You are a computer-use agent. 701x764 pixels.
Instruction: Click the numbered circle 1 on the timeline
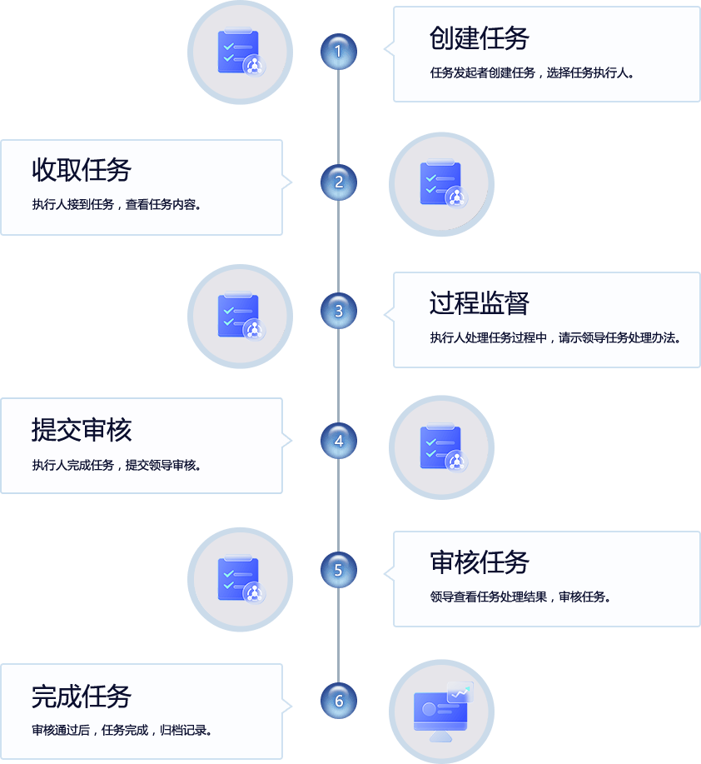(x=338, y=52)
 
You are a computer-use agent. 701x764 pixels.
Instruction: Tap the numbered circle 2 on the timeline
(x=338, y=182)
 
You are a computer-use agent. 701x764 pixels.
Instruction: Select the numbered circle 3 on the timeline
(x=338, y=312)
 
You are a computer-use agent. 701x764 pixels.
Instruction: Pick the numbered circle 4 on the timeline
(x=338, y=441)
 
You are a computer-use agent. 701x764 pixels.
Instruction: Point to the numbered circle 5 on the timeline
(x=338, y=570)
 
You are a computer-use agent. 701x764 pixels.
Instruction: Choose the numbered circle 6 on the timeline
(x=338, y=700)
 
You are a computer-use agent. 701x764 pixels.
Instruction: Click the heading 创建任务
(x=480, y=37)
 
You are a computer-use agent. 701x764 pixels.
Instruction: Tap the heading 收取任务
(x=82, y=170)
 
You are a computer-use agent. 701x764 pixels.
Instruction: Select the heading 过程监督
(x=480, y=303)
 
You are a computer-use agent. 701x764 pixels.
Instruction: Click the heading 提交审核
(x=82, y=430)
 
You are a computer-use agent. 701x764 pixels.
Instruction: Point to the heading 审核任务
(x=480, y=562)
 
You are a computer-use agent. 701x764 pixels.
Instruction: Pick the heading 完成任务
(x=82, y=696)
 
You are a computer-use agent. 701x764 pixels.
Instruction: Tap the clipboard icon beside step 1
(x=241, y=52)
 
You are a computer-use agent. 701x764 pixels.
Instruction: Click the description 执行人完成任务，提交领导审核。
(x=117, y=465)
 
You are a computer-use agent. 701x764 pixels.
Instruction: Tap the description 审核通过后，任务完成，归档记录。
(x=122, y=731)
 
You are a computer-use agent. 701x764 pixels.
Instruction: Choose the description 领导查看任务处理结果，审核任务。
(x=520, y=597)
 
